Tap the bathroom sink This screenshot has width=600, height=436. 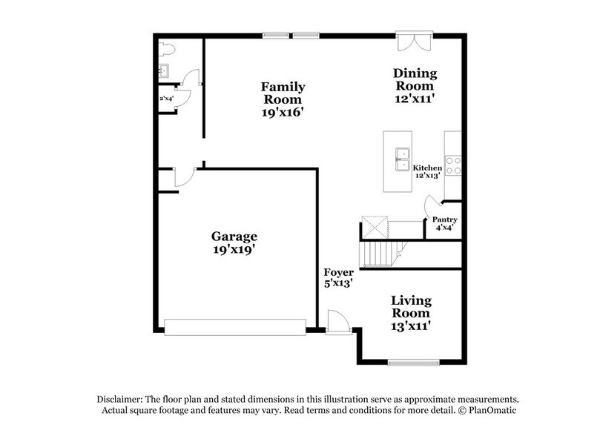[164, 72]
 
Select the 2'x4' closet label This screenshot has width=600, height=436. [166, 98]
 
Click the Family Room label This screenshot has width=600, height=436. [282, 99]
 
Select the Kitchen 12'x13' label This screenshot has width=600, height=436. [427, 172]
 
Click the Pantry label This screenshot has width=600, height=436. [445, 223]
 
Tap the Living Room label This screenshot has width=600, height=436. [412, 312]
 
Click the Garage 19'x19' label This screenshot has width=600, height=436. [234, 243]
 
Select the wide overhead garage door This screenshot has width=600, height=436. [234, 326]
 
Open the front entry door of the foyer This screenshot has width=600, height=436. [337, 322]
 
